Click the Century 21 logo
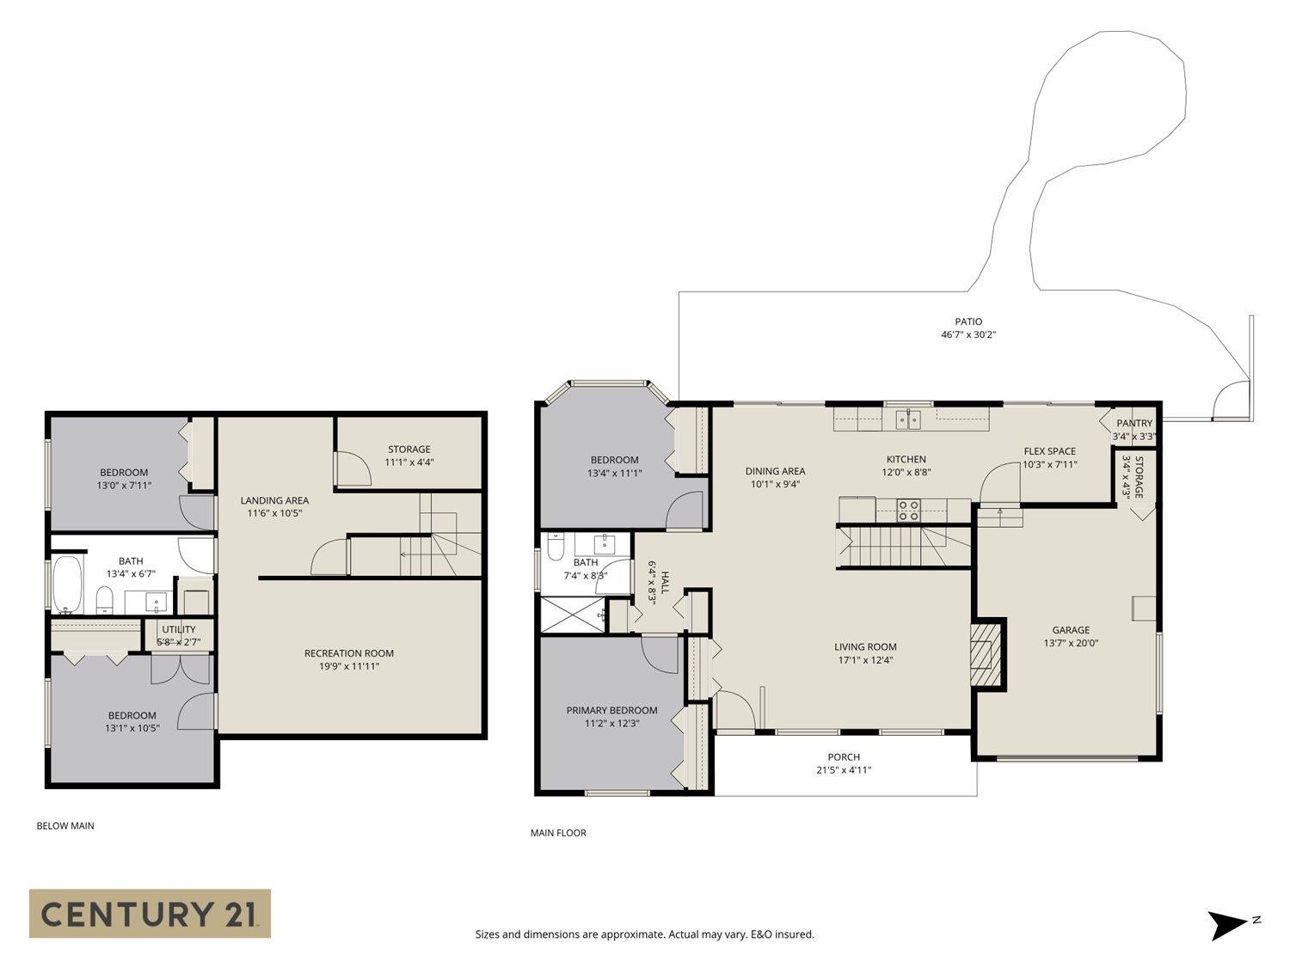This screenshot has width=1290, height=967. click(x=150, y=913)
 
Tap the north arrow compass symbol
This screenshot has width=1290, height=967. click(x=1227, y=925)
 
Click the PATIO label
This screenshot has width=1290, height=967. click(x=968, y=321)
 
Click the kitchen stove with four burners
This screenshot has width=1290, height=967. click(x=908, y=511)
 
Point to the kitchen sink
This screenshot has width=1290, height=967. click(x=908, y=419)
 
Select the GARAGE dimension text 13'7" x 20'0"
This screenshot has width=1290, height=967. click(x=1071, y=643)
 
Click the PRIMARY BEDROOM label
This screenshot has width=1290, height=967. click(x=611, y=710)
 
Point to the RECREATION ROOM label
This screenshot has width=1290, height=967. click(x=348, y=653)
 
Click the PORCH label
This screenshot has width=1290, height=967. click(x=844, y=757)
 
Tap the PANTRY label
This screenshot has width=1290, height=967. click(x=1133, y=423)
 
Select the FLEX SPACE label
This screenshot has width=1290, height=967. click(x=1049, y=451)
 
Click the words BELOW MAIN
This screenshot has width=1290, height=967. click(x=65, y=826)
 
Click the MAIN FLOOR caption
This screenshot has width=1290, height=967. click(x=558, y=833)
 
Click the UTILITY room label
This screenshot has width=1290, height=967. click(x=179, y=629)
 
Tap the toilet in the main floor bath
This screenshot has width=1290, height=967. click(x=556, y=547)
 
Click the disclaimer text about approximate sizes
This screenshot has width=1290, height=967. click(x=644, y=934)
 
